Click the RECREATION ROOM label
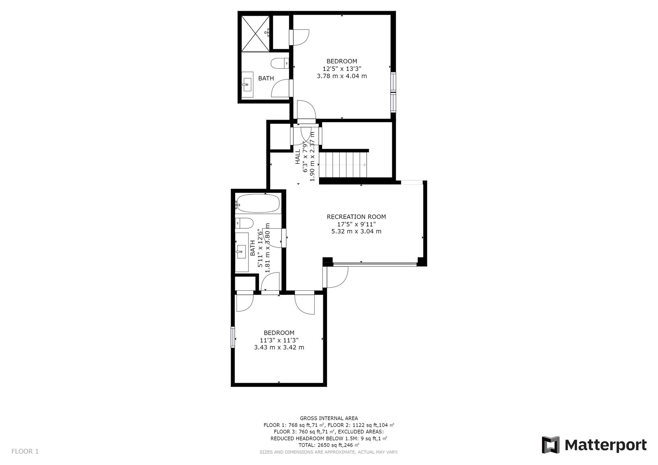(x=356, y=217)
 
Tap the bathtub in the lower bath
(x=258, y=204)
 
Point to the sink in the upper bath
(x=247, y=86)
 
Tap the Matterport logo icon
(x=550, y=445)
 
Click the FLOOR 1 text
(x=25, y=451)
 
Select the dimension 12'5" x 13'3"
(x=342, y=69)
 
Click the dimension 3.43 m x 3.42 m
(x=279, y=347)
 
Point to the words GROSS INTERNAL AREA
(x=329, y=418)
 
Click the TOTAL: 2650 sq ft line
(x=329, y=445)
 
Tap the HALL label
(x=298, y=157)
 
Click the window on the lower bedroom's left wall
(x=233, y=337)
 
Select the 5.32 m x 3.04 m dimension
(x=356, y=231)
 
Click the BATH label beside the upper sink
(x=266, y=78)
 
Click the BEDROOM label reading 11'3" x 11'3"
(x=279, y=333)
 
